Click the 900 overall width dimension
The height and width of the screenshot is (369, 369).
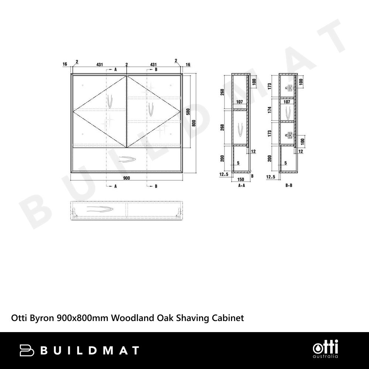(127, 178)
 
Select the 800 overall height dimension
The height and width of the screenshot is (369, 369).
(194, 123)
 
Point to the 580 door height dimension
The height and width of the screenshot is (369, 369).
(188, 111)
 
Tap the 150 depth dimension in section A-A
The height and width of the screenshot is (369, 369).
(241, 180)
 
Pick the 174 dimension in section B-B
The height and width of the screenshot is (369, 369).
(270, 110)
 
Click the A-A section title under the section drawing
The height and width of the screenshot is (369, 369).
(242, 186)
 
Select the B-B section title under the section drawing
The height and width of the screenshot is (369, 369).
(289, 186)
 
